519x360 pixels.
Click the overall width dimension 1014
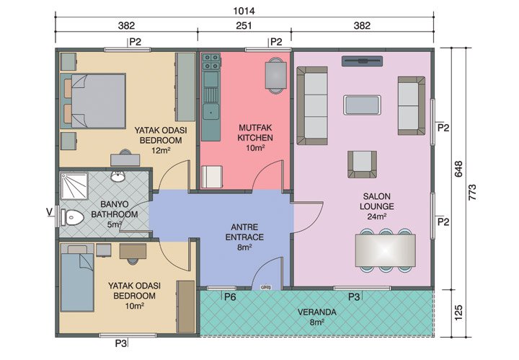244,11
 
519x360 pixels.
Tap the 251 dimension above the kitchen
244,26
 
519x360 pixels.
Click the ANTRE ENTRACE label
244,237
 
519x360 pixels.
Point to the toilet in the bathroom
73,216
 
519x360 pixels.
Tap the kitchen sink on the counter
211,111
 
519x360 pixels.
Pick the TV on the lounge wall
363,61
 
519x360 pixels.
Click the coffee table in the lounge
363,105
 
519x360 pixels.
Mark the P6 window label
230,297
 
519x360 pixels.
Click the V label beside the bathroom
48,211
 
